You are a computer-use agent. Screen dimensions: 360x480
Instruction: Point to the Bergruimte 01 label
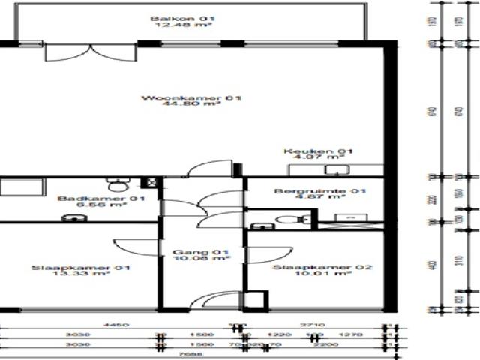(x=319, y=192)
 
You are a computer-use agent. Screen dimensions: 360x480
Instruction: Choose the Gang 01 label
(x=200, y=252)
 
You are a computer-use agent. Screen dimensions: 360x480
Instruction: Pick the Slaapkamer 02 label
(x=312, y=268)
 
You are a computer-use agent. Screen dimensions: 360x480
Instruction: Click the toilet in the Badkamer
(x=117, y=183)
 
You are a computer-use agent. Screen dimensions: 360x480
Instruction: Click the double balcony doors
(x=89, y=52)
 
